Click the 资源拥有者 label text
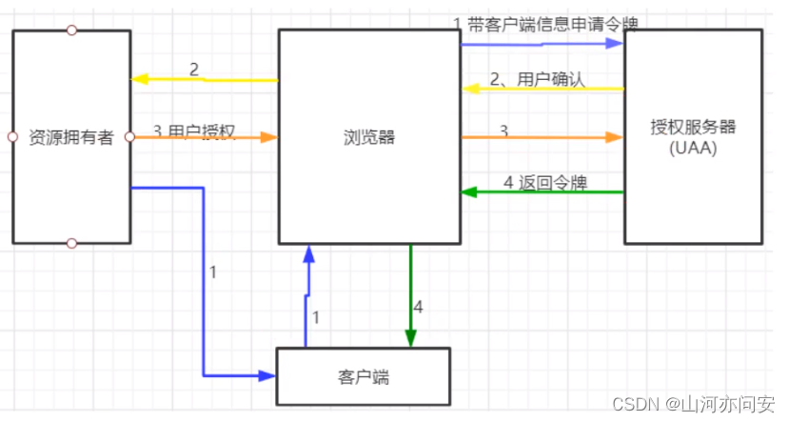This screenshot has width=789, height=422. pyautogui.click(x=71, y=137)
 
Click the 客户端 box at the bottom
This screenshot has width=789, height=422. pyautogui.click(x=363, y=376)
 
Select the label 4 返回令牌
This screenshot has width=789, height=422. pyautogui.click(x=541, y=181)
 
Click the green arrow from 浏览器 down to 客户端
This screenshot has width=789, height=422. pyautogui.click(x=410, y=295)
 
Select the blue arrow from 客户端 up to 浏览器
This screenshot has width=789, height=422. pyautogui.click(x=306, y=295)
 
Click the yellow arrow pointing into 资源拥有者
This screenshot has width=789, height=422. pyautogui.click(x=204, y=79)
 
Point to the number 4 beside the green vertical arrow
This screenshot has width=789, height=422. pyautogui.click(x=419, y=308)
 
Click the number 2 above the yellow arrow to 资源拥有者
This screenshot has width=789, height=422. pyautogui.click(x=194, y=69)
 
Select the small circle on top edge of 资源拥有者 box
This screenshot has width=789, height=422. pyautogui.click(x=71, y=30)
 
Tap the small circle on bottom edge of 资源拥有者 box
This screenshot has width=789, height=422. pyautogui.click(x=71, y=244)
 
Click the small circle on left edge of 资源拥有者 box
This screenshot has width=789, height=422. pyautogui.click(x=12, y=137)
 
